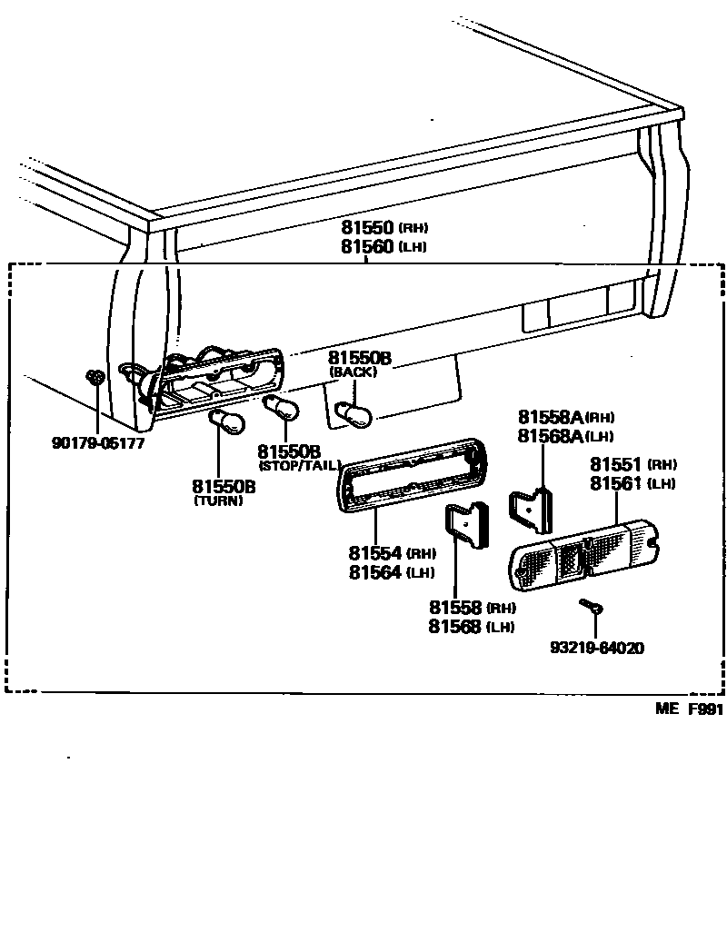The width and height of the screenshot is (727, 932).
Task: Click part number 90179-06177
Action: click(97, 444)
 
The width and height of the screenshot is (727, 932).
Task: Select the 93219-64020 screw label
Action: click(597, 649)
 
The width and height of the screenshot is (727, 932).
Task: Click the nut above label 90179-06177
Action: click(95, 376)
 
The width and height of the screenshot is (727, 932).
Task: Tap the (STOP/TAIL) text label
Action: click(299, 466)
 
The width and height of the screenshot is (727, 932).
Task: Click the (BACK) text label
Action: click(353, 372)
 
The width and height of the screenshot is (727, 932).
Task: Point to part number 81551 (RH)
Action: click(632, 464)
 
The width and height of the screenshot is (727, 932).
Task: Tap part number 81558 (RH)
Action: click(472, 608)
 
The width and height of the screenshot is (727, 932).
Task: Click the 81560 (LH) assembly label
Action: click(383, 247)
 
